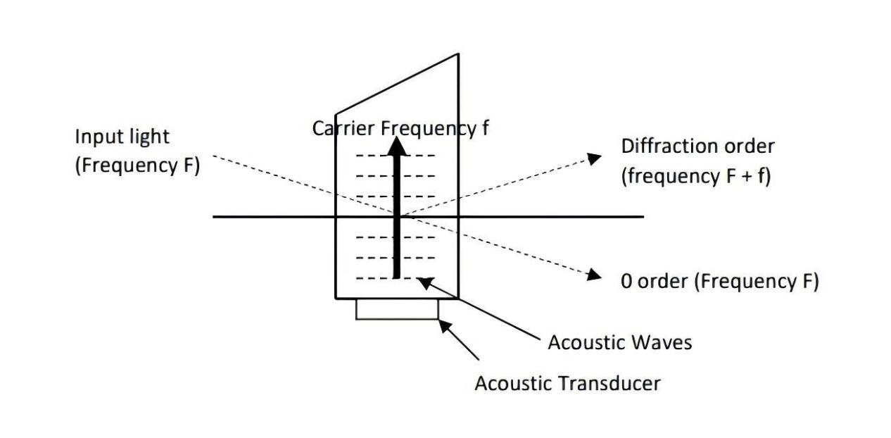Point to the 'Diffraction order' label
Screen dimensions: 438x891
[697, 146]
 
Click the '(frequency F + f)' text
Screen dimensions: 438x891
[695, 176]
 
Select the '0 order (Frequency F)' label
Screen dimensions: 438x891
[719, 281]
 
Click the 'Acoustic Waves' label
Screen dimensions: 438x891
[619, 342]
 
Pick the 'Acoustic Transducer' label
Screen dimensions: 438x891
[567, 383]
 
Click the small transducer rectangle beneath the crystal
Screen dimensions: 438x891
[396, 309]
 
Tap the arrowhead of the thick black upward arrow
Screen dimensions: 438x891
[397, 146]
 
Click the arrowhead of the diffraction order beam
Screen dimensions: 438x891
[595, 158]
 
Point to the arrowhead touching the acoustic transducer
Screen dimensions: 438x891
[443, 325]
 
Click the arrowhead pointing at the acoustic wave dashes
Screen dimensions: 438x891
[422, 282]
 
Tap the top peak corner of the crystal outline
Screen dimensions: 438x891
[459, 54]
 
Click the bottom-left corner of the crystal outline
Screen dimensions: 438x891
[335, 299]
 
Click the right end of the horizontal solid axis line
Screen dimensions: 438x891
[643, 216]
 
